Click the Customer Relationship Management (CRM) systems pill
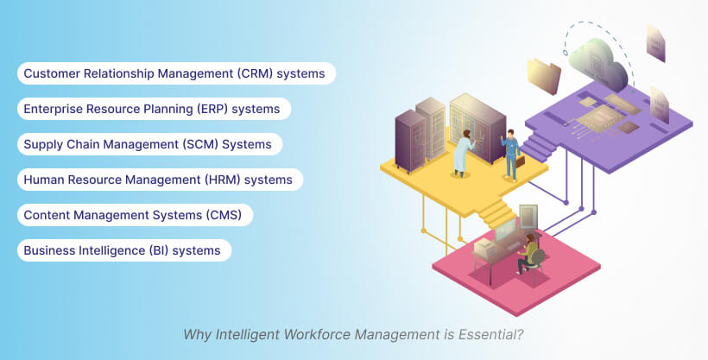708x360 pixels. coord(175,73)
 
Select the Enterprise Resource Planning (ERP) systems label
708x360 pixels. coord(153,109)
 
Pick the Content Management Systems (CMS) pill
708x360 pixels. coord(134,215)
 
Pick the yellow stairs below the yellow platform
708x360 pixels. coord(495,212)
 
